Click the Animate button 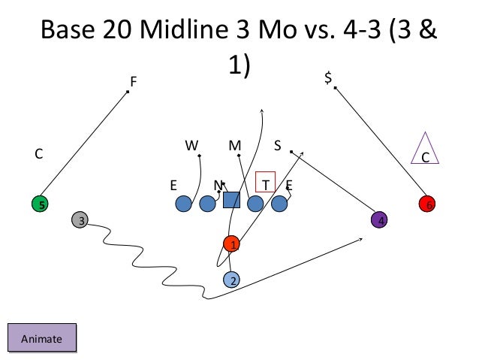[x=42, y=338]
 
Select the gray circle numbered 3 [x=80, y=220]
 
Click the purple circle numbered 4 [x=381, y=220]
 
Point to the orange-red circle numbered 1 [x=233, y=244]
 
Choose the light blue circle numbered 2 [x=233, y=280]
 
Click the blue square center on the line [x=231, y=200]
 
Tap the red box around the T [x=266, y=183]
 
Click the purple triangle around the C [x=425, y=150]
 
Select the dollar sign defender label [x=327, y=77]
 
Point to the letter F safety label [x=134, y=80]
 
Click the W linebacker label [x=191, y=145]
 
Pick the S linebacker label [x=277, y=145]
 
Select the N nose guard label [x=217, y=184]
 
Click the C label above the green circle [x=38, y=154]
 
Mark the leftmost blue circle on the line [x=182, y=203]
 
